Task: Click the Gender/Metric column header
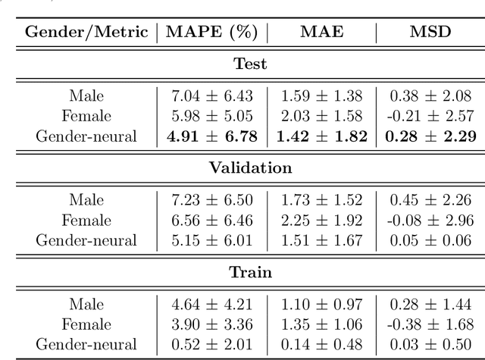pyautogui.click(x=86, y=32)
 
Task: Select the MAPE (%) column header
pyautogui.click(x=211, y=32)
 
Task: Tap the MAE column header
pyautogui.click(x=321, y=32)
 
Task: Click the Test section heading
pyautogui.click(x=250, y=64)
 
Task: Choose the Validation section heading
pyautogui.click(x=250, y=168)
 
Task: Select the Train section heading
pyautogui.click(x=250, y=272)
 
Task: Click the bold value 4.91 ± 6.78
pyautogui.click(x=211, y=136)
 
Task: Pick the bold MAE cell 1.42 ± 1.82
pyautogui.click(x=322, y=136)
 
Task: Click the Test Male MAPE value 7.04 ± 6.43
pyautogui.click(x=211, y=96)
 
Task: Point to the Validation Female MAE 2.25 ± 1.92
pyautogui.click(x=322, y=221)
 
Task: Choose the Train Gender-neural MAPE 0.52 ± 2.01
pyautogui.click(x=211, y=344)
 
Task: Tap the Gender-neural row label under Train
pyautogui.click(x=86, y=344)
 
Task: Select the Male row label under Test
pyautogui.click(x=86, y=96)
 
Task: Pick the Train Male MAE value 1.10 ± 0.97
pyautogui.click(x=322, y=304)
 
